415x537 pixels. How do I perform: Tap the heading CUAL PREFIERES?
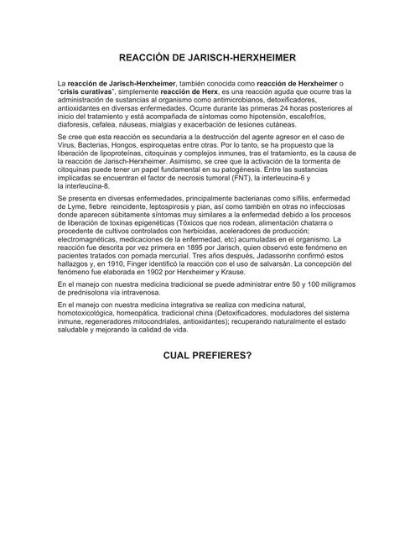click(207, 354)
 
